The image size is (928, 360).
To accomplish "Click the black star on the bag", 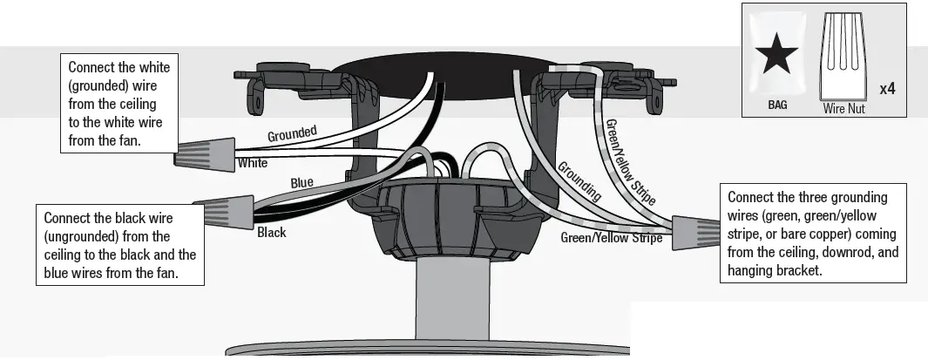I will (x=776, y=58).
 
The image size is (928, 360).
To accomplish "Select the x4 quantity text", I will (x=888, y=88).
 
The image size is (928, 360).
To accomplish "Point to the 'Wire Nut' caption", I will (x=843, y=110).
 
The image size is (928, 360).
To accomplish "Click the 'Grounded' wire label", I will (x=292, y=135).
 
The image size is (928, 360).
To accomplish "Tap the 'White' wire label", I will (x=252, y=163).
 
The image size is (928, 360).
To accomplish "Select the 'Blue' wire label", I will (x=301, y=183).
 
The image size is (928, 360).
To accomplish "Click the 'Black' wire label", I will (x=271, y=233).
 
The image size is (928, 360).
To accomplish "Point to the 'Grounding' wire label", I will (x=579, y=181).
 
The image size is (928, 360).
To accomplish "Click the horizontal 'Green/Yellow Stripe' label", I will (x=611, y=237).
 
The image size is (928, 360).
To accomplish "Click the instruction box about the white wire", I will (x=119, y=104).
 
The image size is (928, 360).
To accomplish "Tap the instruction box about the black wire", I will (x=119, y=244).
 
